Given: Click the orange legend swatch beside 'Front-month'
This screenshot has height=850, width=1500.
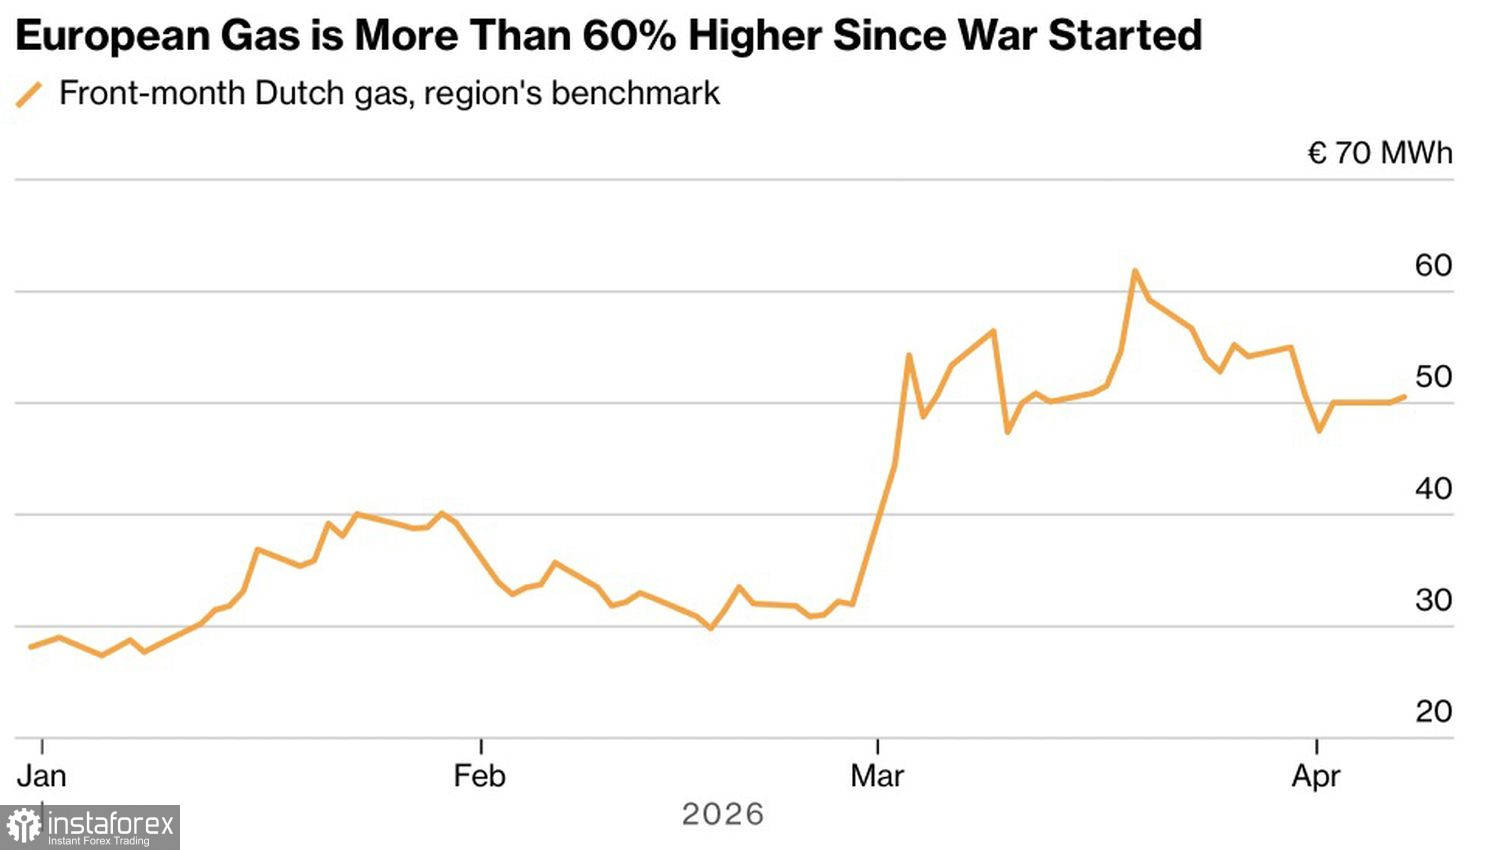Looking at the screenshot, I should click(29, 95).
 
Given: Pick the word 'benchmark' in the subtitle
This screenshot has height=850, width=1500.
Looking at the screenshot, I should click(635, 93).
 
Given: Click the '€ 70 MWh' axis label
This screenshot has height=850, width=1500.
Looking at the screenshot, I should click(1380, 153).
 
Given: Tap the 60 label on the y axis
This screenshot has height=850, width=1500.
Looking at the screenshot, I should click(1433, 265).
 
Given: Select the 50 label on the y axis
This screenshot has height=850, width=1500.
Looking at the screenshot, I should click(1433, 377).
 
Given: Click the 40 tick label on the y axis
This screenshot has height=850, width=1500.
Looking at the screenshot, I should click(1433, 489).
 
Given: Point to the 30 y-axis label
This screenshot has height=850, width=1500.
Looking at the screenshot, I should click(1433, 600).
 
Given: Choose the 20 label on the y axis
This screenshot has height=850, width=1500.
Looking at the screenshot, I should click(1433, 711).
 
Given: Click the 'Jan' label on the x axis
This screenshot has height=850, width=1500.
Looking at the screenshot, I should click(41, 776).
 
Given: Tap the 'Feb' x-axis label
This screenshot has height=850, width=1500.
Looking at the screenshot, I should click(479, 776).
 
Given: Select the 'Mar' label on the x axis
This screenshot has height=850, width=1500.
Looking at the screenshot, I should click(877, 776).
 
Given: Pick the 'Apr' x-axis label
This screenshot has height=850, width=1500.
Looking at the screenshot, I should click(1315, 776).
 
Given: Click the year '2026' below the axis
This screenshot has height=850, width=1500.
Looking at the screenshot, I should click(723, 814).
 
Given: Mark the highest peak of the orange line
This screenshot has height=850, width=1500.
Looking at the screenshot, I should click(1134, 270).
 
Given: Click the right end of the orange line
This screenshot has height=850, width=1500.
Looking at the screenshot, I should click(1404, 397).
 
